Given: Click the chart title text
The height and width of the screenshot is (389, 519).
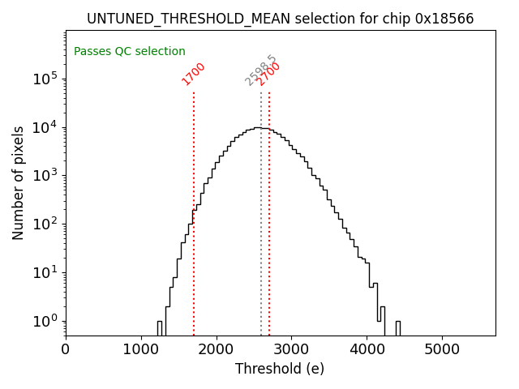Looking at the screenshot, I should [x=281, y=19].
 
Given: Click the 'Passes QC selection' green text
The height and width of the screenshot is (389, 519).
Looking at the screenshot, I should [x=130, y=51].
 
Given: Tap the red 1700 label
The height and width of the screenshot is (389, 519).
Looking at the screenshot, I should [x=194, y=74].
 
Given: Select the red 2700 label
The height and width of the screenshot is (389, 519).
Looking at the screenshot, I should [x=269, y=74].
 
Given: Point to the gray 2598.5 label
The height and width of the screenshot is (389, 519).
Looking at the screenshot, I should [x=260, y=71].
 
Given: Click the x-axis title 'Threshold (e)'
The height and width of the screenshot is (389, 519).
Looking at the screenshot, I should [x=280, y=369].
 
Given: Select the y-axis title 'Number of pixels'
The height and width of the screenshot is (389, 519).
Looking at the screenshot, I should [x=19, y=183].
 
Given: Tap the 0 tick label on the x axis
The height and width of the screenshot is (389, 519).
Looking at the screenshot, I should [x=66, y=350].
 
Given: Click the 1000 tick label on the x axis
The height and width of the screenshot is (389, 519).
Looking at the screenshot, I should [x=141, y=350].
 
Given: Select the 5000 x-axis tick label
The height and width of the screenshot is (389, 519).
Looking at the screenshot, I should [x=442, y=350].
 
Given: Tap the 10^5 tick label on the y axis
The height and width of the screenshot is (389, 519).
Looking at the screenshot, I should [x=45, y=79].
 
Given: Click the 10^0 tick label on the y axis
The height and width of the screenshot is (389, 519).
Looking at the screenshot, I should [x=45, y=321].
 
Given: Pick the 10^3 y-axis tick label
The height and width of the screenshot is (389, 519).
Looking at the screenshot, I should [x=45, y=176].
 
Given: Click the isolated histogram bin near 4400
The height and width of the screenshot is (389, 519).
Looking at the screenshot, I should [x=397, y=327].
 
